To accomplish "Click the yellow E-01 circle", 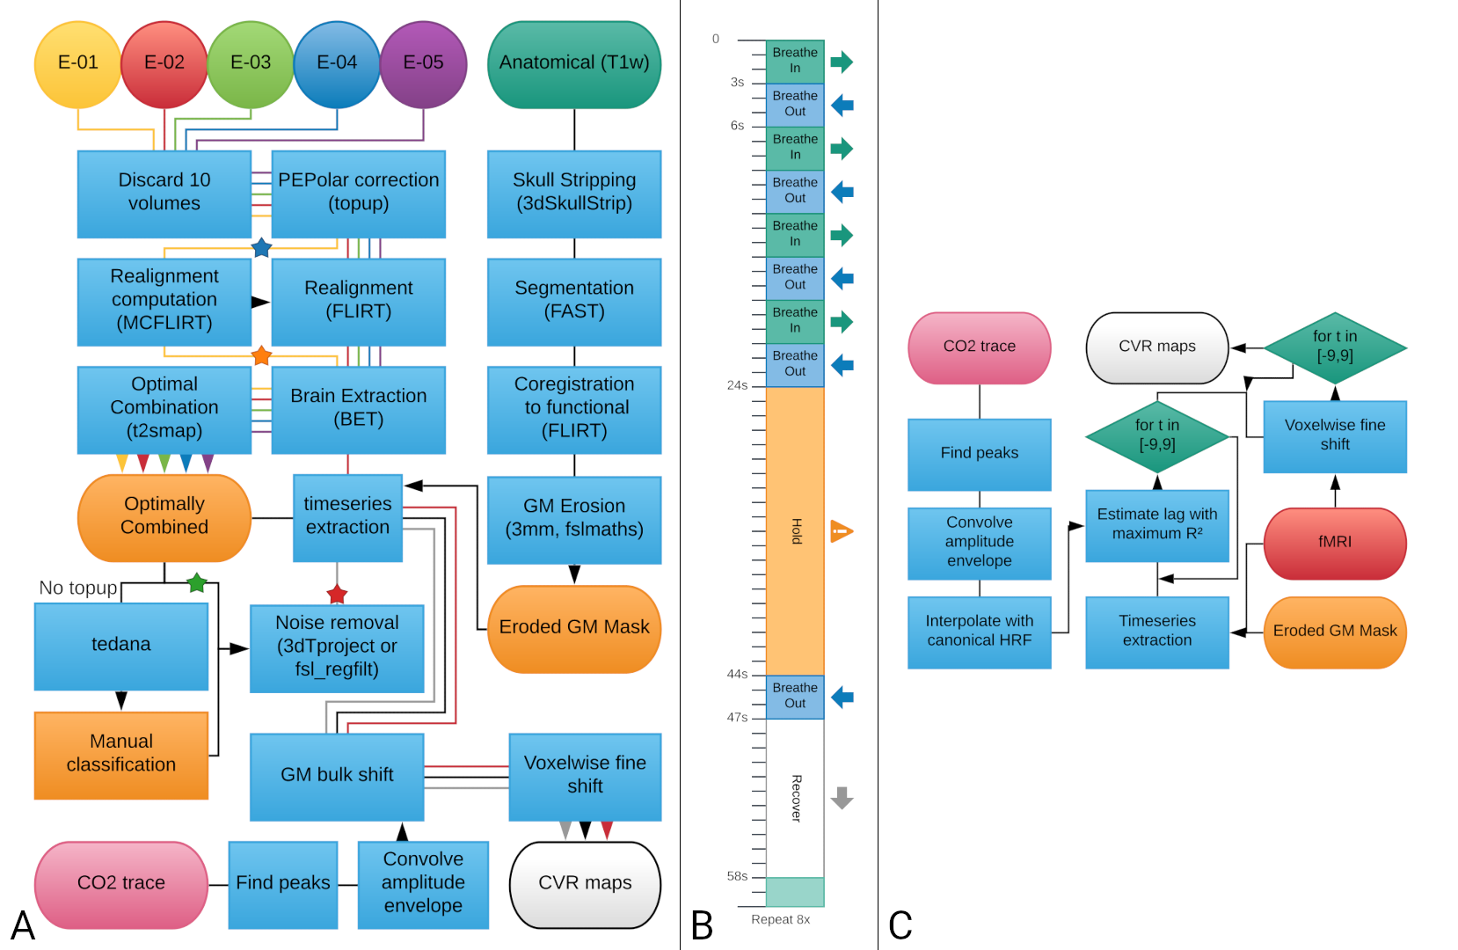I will tap(77, 63).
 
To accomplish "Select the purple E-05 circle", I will tap(423, 63).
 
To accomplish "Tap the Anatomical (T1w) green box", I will tap(574, 63).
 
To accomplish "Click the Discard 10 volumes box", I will tap(164, 193).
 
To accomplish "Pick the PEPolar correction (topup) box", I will tap(358, 193).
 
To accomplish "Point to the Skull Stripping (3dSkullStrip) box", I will tap(574, 193).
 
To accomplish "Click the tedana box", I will tap(121, 645).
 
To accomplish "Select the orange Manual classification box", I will tap(121, 754).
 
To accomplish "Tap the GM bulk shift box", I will tap(337, 775).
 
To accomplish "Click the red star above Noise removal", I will tap(337, 595).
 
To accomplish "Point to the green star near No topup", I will tap(197, 582).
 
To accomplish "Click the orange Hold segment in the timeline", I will tap(795, 530).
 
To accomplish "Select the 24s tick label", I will tap(737, 385).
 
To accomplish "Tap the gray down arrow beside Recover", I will tap(842, 798).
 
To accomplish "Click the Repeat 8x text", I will tap(780, 920).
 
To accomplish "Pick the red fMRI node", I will tap(1334, 543).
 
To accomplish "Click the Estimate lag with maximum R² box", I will tap(1156, 525).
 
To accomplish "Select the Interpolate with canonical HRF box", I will tap(979, 632).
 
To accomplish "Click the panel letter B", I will tap(702, 925).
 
